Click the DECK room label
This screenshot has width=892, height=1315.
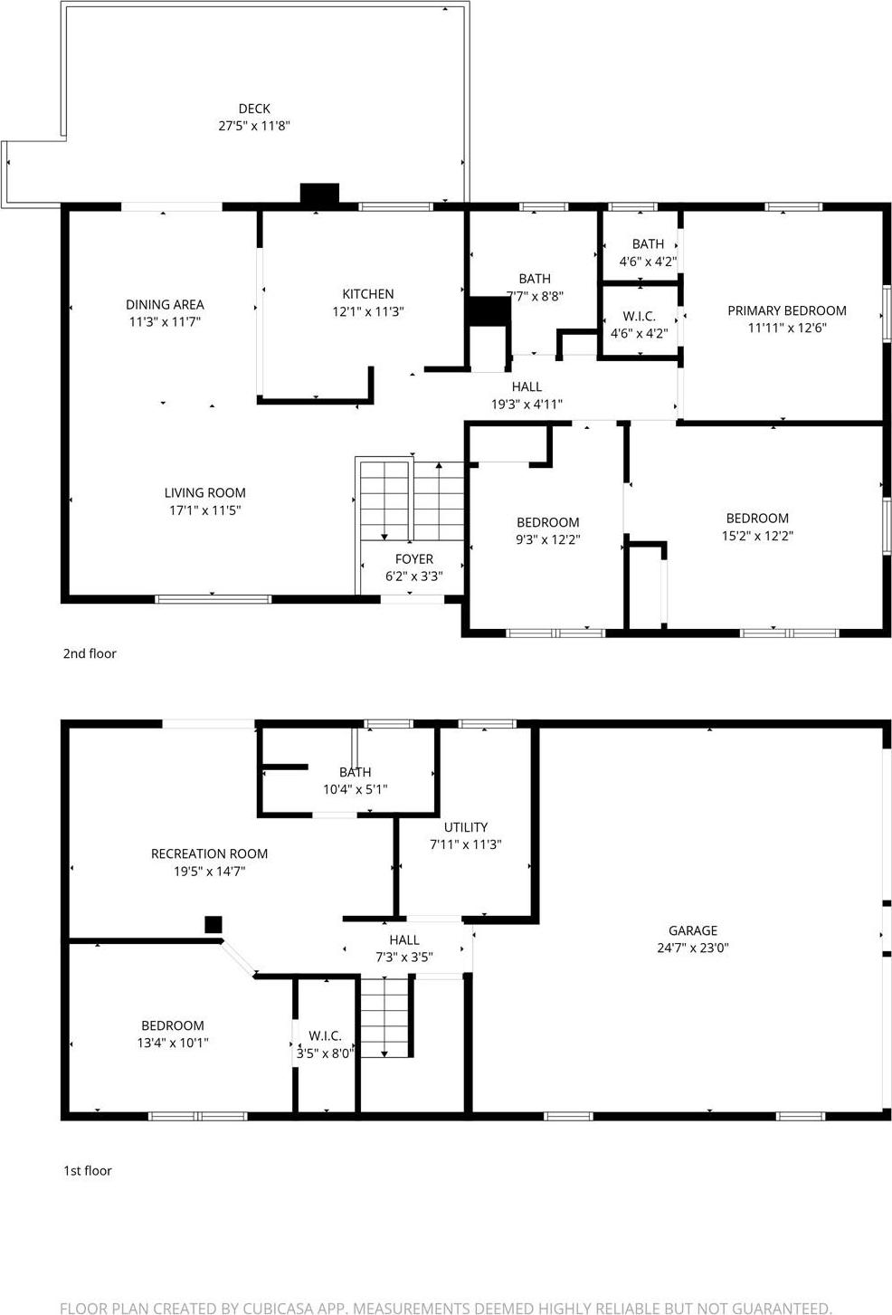coord(254,109)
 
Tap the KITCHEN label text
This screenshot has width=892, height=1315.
coord(367,294)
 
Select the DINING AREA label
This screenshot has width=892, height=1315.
coord(165,305)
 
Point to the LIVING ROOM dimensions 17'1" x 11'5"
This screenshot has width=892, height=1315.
coord(204,510)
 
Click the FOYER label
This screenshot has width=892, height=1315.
coord(413,559)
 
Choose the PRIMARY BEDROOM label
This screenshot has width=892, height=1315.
coord(786,310)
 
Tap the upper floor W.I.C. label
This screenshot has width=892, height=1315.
coord(639,317)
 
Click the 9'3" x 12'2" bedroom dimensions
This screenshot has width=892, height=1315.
coord(547,540)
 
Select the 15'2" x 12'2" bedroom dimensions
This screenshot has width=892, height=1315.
coord(756,536)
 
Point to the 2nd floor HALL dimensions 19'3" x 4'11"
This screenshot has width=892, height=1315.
coord(527,405)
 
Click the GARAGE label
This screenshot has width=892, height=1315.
coord(693,930)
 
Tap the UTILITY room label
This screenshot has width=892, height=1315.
coord(465,827)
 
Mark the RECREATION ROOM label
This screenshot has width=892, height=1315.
coord(209,853)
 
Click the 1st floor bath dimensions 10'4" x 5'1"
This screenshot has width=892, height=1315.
coord(355,789)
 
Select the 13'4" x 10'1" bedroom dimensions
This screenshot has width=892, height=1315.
coord(172,1043)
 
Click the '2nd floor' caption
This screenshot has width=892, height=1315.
coord(90,653)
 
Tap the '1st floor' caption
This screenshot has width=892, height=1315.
coord(87,1170)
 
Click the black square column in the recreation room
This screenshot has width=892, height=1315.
coord(213,924)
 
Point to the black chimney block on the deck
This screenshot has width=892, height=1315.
coord(318,194)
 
